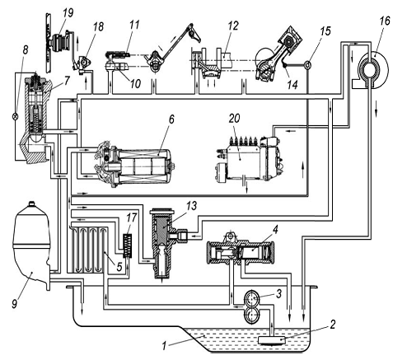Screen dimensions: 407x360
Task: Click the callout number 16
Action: [385, 21]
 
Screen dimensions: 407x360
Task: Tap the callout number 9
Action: [15, 304]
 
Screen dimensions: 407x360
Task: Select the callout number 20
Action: [234, 119]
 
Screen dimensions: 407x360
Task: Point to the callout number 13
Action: [192, 206]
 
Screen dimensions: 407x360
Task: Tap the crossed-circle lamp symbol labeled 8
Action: [16, 116]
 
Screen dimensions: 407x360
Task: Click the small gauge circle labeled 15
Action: [308, 65]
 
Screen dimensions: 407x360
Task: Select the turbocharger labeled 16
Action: [371, 69]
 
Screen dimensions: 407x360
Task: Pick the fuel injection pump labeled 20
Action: [248, 159]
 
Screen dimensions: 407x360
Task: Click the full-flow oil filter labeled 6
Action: [135, 164]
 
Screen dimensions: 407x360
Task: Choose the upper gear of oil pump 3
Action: [252, 298]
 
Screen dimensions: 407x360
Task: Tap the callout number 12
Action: [232, 26]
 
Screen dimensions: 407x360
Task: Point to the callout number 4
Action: [275, 229]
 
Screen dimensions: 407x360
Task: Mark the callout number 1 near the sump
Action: [164, 346]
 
